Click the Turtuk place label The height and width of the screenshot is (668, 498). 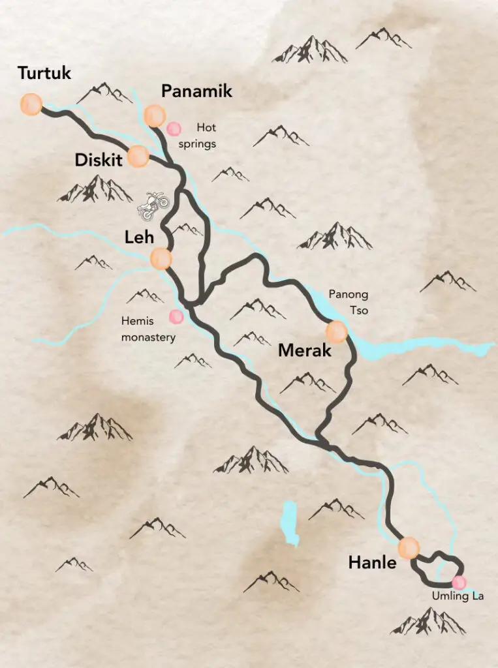pos(44,73)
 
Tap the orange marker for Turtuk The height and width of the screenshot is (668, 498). pos(31,104)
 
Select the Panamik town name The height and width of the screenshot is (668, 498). pos(196,91)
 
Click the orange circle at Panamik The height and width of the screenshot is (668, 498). pos(155,115)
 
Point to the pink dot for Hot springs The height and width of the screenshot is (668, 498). pos(174,129)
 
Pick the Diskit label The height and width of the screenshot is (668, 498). pos(99,160)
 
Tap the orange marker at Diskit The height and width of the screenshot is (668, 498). pos(138,157)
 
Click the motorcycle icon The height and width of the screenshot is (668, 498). pos(153,205)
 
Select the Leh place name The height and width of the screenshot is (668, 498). pos(139,239)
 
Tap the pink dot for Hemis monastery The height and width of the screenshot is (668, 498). pos(176,317)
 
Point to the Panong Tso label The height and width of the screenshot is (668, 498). pos(349,302)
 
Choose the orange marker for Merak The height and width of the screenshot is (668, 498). pos(337,332)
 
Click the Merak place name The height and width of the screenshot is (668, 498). pos(305,350)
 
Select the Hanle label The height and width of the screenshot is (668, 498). pos(372,562)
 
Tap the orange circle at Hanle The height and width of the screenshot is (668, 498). pos(409,547)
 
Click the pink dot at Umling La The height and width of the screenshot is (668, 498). pos(459,582)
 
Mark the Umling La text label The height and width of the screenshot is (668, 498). pos(458,596)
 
